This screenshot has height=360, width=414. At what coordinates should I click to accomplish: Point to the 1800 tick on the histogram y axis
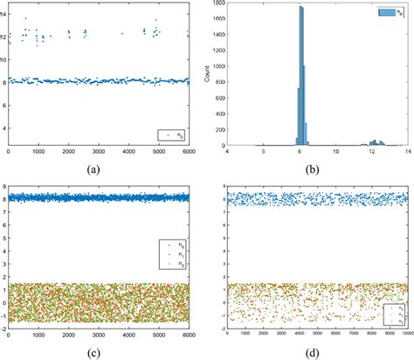217,6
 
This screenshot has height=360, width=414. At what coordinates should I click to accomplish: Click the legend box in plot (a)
169,135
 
